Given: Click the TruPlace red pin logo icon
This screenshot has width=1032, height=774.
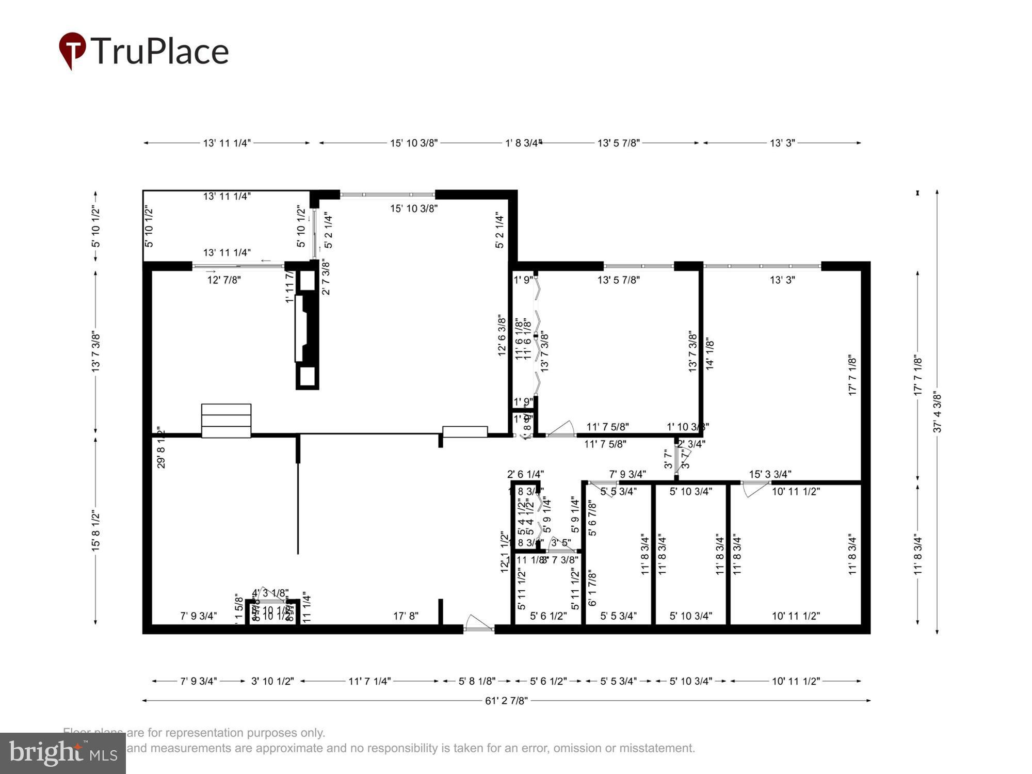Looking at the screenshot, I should (x=72, y=50).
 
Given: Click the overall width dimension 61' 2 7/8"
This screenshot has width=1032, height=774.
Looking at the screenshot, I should (x=506, y=700).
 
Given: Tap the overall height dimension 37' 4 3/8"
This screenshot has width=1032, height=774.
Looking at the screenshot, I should (x=938, y=413).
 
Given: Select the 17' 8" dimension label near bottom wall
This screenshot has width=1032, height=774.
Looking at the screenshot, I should (x=406, y=616).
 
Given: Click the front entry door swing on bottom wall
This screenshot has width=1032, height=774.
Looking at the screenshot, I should (x=477, y=623).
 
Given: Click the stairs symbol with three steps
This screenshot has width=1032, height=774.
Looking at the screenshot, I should (x=226, y=421).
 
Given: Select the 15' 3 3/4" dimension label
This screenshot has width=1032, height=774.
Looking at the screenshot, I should (x=770, y=474).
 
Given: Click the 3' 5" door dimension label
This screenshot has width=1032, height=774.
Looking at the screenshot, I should (x=561, y=542).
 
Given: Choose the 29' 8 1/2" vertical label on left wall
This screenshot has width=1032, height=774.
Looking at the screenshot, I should (x=161, y=447).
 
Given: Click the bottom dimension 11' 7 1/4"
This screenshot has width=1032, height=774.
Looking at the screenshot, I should (x=369, y=681).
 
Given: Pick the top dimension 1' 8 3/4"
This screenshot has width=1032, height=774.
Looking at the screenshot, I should (x=523, y=143).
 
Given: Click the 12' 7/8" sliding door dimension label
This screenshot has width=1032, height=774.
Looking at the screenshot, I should (x=224, y=280).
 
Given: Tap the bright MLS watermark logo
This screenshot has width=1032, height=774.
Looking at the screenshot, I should (x=62, y=753).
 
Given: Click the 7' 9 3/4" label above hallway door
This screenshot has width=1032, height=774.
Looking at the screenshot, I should (x=627, y=474).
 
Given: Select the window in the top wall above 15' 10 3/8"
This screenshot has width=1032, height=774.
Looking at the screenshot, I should (x=387, y=195).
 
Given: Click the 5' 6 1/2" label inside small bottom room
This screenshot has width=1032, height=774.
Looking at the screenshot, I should (x=548, y=616).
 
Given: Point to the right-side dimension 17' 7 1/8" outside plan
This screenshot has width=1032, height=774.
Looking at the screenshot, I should (x=917, y=375).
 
